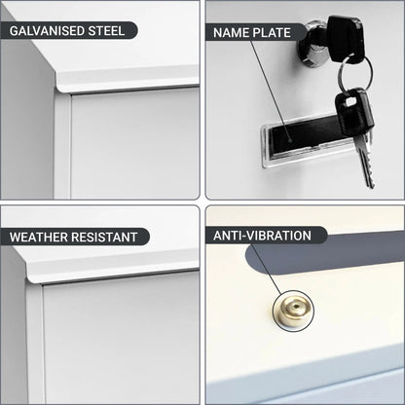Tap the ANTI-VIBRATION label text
coord(262,236)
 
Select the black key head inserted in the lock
coord(345,38)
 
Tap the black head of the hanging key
coord(353,112)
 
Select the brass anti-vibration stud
coord(293,311)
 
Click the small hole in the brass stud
coord(295,306)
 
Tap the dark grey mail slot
coord(324,256)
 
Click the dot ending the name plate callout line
coord(290,141)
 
